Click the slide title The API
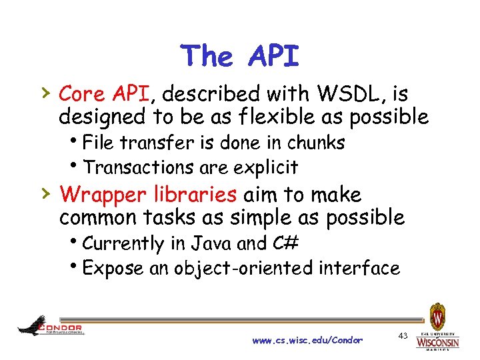(240, 56)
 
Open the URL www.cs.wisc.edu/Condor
(307, 340)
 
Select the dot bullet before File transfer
(79, 143)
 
